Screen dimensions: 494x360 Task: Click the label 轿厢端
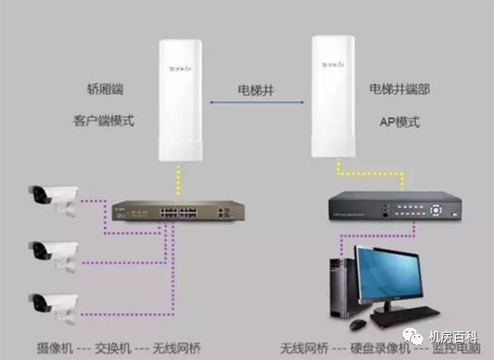(x=105, y=89)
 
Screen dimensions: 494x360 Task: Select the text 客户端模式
(x=104, y=121)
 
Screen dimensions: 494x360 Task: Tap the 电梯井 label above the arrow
(x=256, y=90)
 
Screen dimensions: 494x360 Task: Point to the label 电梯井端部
(x=399, y=89)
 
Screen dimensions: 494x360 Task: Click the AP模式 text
(x=400, y=122)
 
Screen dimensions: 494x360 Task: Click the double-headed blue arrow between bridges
(x=257, y=102)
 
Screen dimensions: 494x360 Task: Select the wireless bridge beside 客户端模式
(x=180, y=101)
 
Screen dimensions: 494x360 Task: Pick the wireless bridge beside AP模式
(x=333, y=96)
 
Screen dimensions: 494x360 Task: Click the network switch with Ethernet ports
(x=179, y=211)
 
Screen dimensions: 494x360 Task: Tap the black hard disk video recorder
(x=395, y=206)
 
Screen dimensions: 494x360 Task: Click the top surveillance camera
(x=54, y=199)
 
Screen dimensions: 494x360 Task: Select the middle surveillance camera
(x=54, y=255)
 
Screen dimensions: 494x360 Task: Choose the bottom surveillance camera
(x=54, y=307)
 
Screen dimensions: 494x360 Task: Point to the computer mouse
(x=359, y=324)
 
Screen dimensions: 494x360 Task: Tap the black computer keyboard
(x=405, y=316)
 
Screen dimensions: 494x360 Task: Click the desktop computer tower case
(x=342, y=288)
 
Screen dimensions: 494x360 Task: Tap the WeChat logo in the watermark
(x=413, y=336)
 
